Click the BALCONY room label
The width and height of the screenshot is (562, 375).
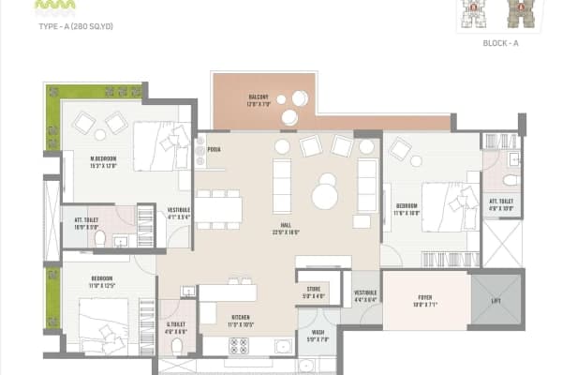(x=259, y=97)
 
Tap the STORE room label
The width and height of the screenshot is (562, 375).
(x=313, y=292)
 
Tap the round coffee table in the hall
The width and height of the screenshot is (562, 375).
(x=325, y=196)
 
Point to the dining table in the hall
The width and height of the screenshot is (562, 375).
(x=218, y=209)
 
